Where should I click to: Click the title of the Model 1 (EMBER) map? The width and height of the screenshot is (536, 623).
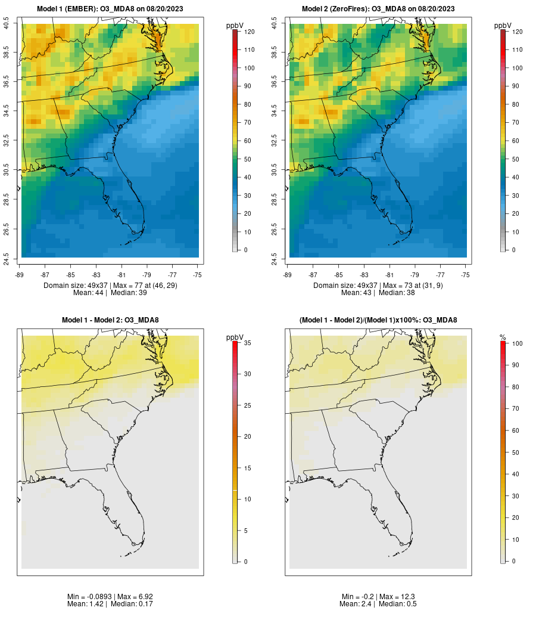110,9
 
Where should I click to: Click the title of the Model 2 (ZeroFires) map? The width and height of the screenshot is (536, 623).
378,9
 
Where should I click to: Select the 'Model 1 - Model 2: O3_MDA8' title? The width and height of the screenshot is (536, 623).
110,320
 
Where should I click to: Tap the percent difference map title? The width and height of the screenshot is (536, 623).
378,320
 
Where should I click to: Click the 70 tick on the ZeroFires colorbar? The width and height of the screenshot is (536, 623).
517,122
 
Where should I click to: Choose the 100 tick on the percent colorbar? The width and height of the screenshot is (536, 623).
517,343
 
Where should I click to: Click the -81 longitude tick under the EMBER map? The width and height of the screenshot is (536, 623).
121,275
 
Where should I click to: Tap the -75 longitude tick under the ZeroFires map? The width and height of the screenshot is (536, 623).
466,275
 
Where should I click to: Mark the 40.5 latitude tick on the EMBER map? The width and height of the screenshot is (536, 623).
7,24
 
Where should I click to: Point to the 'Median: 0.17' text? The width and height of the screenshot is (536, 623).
131,604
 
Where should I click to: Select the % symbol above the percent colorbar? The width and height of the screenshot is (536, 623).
503,337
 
